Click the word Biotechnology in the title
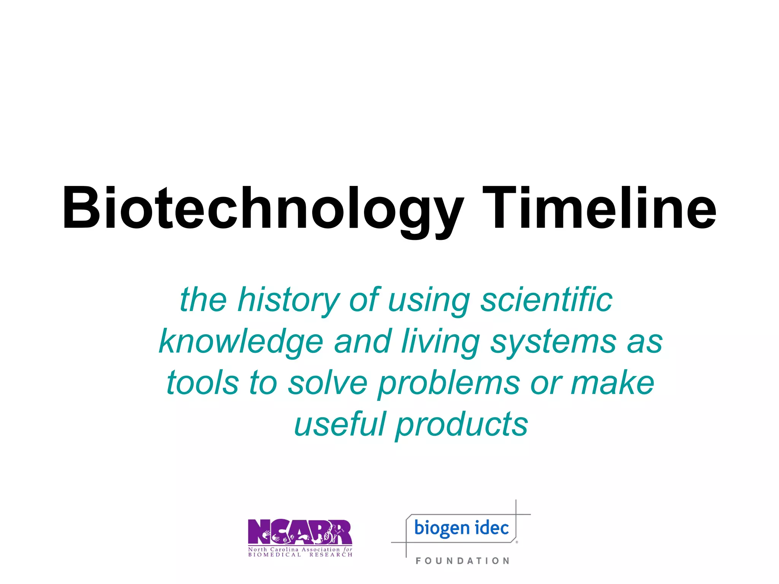(x=262, y=208)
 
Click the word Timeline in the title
(x=599, y=208)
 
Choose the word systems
(x=553, y=341)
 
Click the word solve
(x=327, y=383)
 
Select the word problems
(x=449, y=383)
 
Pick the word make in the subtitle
(x=612, y=383)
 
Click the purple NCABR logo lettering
(x=300, y=532)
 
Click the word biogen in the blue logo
(x=442, y=528)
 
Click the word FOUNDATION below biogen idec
(x=462, y=561)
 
